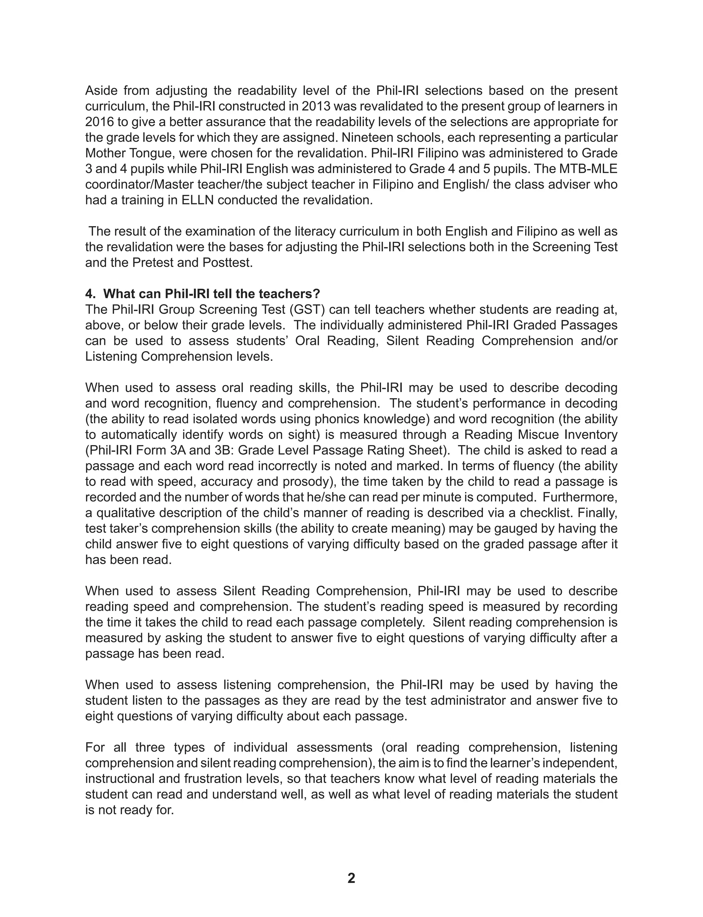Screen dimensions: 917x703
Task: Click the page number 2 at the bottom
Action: click(x=351, y=877)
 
